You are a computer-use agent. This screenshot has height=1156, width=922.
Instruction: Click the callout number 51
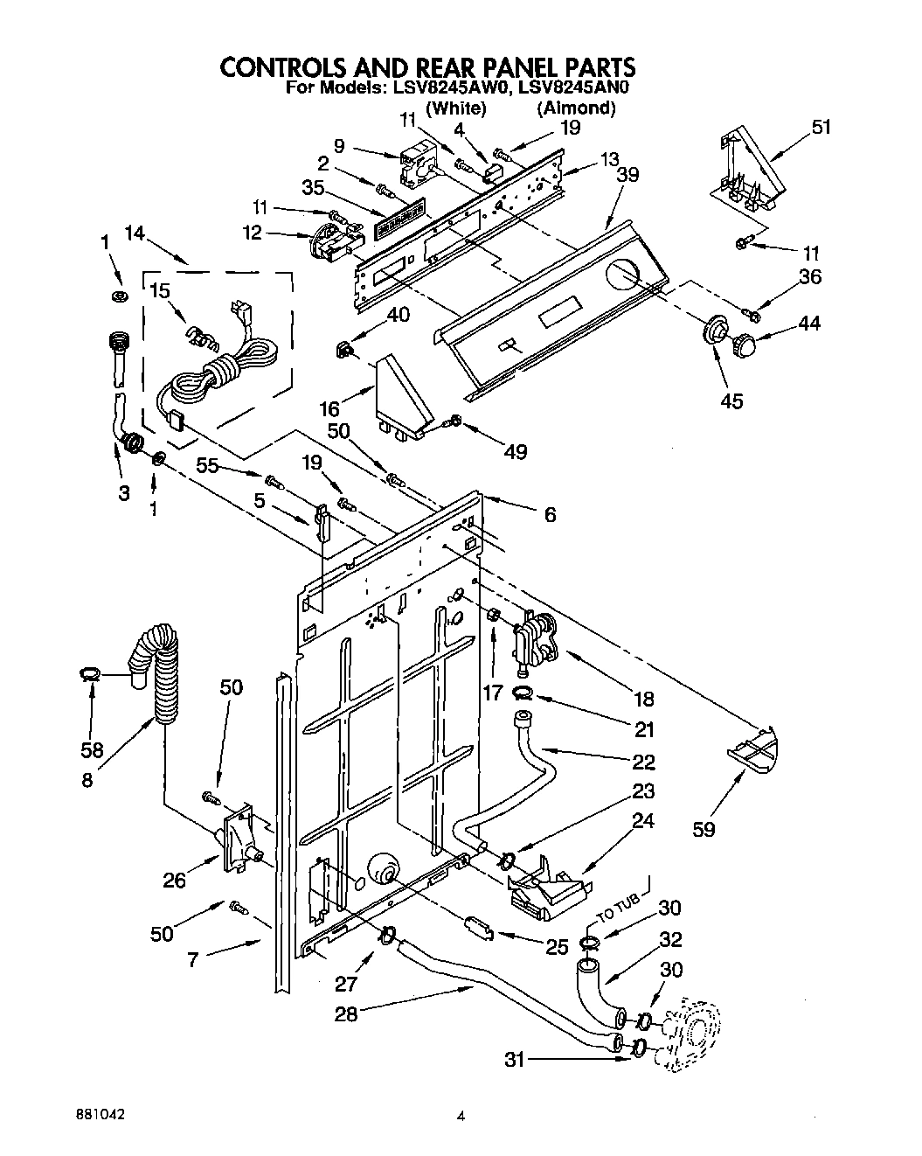click(x=821, y=127)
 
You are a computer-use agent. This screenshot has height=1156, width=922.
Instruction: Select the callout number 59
click(x=704, y=827)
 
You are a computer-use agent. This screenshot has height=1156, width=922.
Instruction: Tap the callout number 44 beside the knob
click(x=809, y=324)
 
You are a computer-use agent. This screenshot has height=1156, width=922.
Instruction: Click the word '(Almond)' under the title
click(x=576, y=108)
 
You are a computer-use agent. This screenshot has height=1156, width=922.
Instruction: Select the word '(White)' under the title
click(x=455, y=108)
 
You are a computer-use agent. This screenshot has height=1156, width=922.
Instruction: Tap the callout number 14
click(x=136, y=233)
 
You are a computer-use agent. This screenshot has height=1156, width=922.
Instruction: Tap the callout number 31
click(x=516, y=1060)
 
